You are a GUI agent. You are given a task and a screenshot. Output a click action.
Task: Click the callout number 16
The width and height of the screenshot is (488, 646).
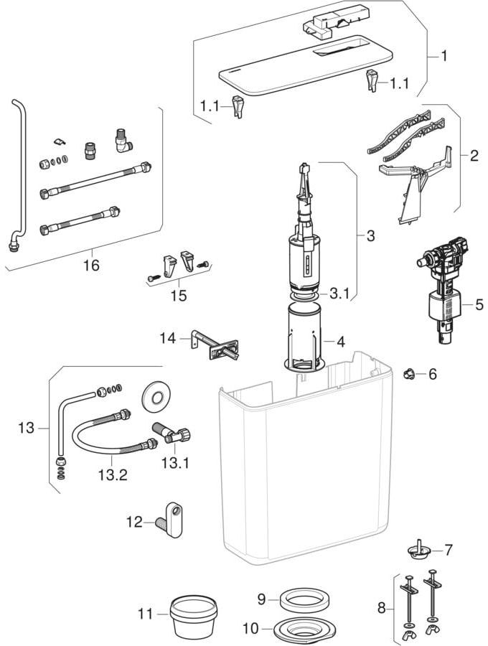90,265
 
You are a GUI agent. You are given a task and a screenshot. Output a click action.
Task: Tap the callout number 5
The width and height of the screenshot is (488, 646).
479,304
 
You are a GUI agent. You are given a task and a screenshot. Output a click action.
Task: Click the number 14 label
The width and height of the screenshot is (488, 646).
167,336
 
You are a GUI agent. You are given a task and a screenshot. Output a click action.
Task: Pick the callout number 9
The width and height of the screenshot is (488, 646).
263,597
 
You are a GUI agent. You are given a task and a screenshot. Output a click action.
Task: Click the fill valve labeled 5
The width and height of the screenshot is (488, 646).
441,293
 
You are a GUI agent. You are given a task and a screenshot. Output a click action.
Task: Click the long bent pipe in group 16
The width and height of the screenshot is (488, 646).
19,172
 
